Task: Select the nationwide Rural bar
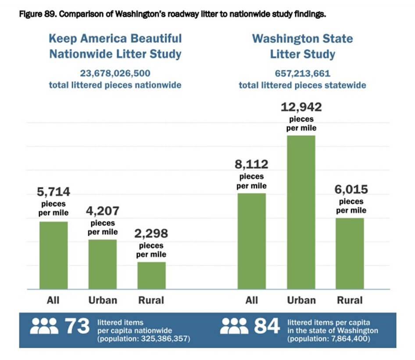click(x=151, y=275)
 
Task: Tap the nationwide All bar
click(x=54, y=255)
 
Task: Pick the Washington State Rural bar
click(x=350, y=253)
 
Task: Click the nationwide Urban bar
click(x=103, y=264)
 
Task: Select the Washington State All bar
click(x=251, y=241)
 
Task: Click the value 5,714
click(x=54, y=192)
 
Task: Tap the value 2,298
click(x=151, y=233)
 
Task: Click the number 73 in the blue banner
click(x=77, y=326)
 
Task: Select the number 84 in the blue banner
click(x=267, y=326)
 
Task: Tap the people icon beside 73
click(x=45, y=326)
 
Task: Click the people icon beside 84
click(x=234, y=326)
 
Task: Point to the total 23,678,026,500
click(x=115, y=73)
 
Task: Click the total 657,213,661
click(x=302, y=73)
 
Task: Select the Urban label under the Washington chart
click(x=301, y=300)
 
